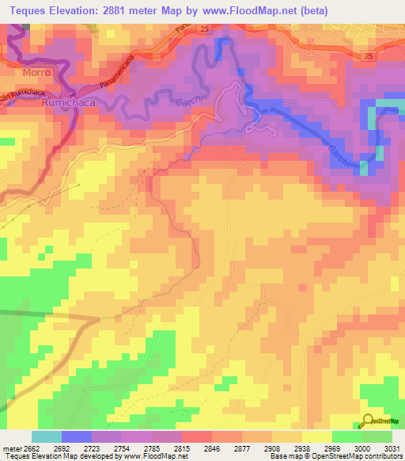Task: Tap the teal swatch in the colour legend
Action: tap(47, 436)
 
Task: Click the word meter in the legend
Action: tap(10, 448)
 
